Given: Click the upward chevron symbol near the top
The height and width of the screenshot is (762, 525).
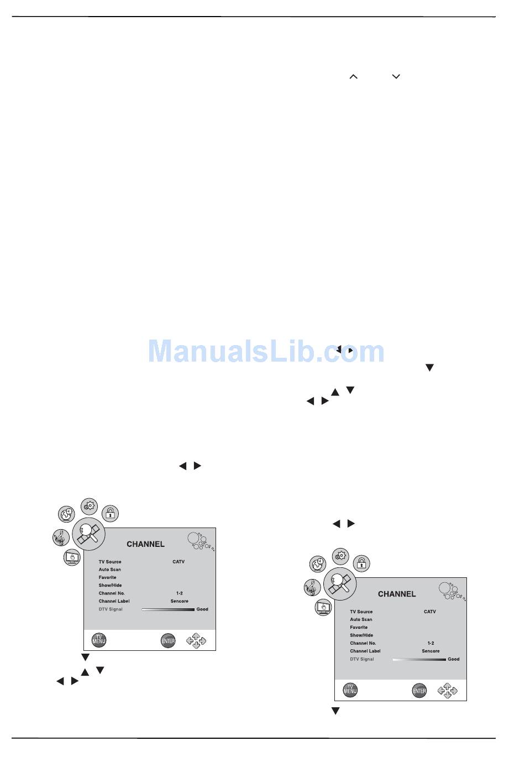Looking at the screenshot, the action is point(353,77).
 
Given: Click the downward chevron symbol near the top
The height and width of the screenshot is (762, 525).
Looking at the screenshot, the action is point(396,76).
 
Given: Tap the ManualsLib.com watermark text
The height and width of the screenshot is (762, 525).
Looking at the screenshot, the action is point(266,351).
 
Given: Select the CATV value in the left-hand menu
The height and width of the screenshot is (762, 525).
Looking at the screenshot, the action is point(179,562).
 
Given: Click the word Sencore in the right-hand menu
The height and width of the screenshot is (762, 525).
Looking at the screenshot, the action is point(431,651).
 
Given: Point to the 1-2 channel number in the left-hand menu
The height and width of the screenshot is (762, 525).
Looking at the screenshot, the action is point(180,593).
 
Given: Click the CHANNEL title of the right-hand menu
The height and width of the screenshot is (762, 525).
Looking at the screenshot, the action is point(397,594).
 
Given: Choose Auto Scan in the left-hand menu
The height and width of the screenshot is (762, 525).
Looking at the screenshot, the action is point(109,570).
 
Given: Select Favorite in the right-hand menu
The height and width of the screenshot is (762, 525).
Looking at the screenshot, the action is point(359,627).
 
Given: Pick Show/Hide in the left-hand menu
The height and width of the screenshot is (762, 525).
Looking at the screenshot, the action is point(110,585).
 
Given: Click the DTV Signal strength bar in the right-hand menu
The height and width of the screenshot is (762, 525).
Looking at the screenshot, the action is point(419,659).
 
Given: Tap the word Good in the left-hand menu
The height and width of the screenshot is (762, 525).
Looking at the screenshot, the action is point(202,609).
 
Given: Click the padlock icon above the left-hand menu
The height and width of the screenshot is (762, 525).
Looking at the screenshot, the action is point(110,514).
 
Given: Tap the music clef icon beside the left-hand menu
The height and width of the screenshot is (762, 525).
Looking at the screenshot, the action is point(61,537).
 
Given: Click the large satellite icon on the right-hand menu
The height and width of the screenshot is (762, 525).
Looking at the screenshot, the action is point(340,584).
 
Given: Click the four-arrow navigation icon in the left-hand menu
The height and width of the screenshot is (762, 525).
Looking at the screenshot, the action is point(196,640).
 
